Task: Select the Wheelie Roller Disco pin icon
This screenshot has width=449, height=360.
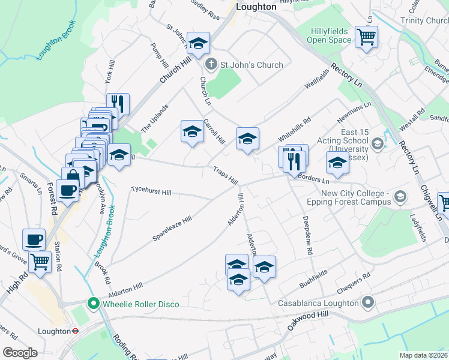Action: click(x=92, y=304)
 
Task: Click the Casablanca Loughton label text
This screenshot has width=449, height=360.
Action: click(x=317, y=303)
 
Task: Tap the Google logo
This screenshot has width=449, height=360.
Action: click(x=20, y=353)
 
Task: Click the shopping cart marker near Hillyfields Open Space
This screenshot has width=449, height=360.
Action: click(x=366, y=37)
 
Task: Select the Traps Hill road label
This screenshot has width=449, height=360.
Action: click(x=226, y=176)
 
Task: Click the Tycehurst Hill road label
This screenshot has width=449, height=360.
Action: click(x=151, y=192)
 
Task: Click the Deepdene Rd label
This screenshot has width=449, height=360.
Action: click(x=308, y=236)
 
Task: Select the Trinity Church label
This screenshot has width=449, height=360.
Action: click(x=424, y=20)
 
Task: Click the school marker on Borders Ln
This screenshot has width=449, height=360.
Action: click(x=337, y=163)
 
